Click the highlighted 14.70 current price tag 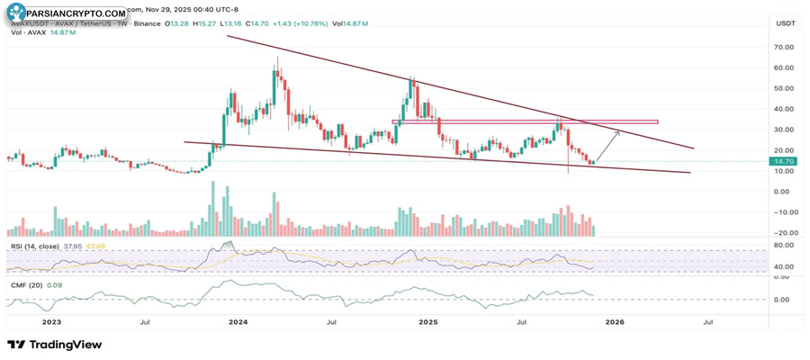[x=781, y=161]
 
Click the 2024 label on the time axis [x=238, y=321]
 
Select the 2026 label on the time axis [x=615, y=321]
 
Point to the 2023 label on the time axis [x=51, y=321]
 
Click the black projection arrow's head [x=618, y=131]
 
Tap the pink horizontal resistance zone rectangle [x=524, y=121]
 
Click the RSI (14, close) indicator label [x=36, y=246]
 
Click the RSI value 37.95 [x=73, y=246]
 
